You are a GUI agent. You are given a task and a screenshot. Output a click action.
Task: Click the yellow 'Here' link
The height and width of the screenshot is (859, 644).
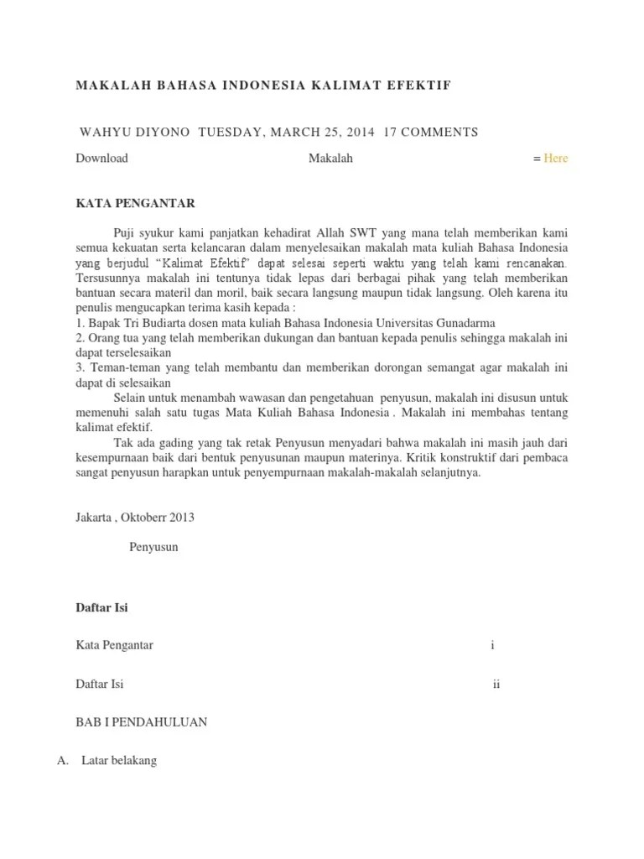(555, 158)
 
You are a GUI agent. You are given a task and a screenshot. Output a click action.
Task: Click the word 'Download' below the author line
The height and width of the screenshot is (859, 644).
(101, 158)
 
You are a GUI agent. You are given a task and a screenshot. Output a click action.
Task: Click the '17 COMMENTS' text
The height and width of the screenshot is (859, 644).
(430, 132)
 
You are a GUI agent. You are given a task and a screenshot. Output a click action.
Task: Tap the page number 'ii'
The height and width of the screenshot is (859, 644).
(496, 684)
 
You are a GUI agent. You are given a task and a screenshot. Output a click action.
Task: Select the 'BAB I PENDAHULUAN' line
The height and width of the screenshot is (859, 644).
(142, 722)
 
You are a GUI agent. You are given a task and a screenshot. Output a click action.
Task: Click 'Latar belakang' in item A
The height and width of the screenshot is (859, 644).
(119, 761)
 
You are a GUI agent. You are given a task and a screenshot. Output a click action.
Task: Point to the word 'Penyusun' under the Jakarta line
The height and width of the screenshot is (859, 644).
(153, 547)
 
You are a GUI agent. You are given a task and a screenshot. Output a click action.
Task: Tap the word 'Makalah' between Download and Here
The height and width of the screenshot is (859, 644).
(330, 158)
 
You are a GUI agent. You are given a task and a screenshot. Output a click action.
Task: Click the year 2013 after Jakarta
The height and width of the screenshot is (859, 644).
(179, 517)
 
